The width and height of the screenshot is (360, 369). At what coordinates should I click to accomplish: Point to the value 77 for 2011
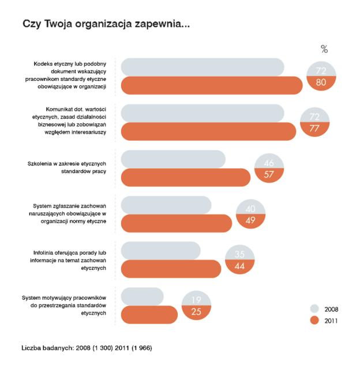click(314, 128)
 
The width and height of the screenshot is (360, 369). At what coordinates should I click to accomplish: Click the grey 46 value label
click(269, 163)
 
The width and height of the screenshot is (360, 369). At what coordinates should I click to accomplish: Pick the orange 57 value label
click(269, 174)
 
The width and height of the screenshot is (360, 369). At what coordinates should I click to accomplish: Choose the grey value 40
click(250, 209)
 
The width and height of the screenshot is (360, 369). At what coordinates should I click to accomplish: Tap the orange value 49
click(250, 220)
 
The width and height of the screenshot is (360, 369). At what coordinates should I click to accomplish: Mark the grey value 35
click(239, 254)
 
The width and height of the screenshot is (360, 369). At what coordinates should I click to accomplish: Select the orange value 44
click(239, 266)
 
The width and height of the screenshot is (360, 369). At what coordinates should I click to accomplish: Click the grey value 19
click(196, 300)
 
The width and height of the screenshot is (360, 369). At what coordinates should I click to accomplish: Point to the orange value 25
click(196, 312)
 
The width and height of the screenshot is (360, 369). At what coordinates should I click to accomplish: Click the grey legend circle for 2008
click(314, 308)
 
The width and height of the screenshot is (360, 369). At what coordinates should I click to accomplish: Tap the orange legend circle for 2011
click(314, 320)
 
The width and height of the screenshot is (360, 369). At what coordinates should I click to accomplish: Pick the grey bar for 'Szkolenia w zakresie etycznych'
click(173, 159)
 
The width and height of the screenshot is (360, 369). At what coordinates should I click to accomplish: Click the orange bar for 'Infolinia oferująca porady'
click(171, 269)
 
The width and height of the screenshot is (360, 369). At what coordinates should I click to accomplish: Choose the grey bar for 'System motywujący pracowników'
click(142, 296)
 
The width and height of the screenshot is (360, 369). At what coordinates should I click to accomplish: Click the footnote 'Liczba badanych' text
click(87, 348)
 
